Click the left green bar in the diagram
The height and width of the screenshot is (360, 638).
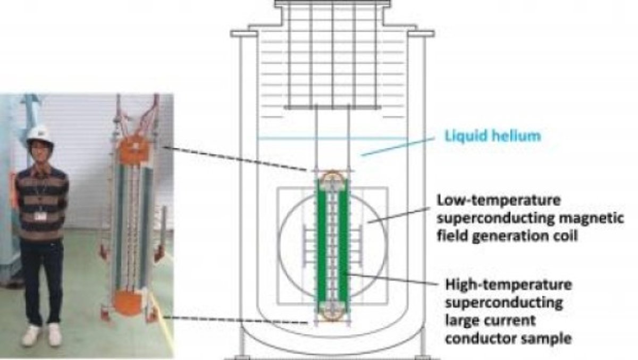321,247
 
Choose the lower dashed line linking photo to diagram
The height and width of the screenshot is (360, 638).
234,320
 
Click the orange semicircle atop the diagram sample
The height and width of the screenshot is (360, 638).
332,174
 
